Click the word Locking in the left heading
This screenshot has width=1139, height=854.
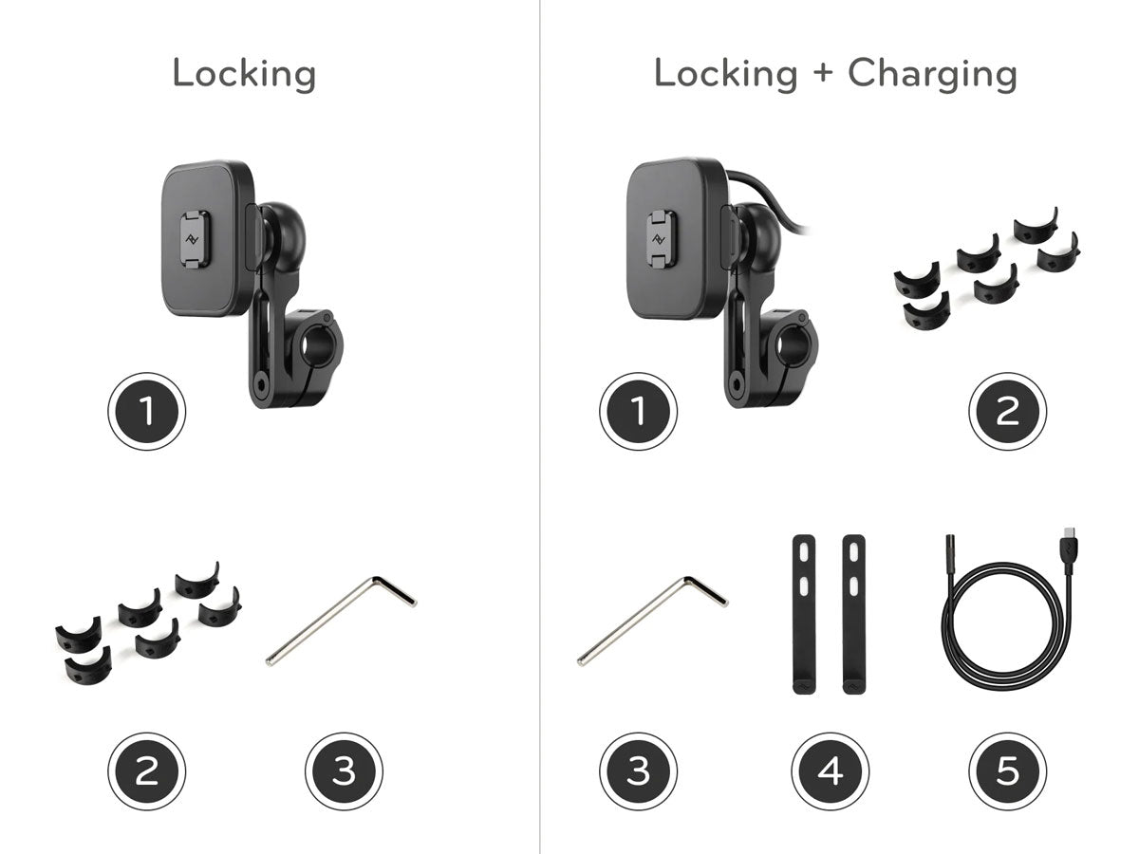click(x=244, y=75)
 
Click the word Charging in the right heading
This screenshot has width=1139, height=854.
click(x=932, y=75)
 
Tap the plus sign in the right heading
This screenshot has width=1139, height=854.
click(x=823, y=73)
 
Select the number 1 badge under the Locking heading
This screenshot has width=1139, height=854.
click(x=147, y=411)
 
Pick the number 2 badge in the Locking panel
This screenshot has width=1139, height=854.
click(x=147, y=771)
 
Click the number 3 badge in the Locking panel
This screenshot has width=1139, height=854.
click(x=344, y=771)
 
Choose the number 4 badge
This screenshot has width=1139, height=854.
click(x=831, y=771)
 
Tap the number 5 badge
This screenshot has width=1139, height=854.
click(x=1008, y=771)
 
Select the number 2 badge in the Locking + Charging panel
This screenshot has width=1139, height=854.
click(x=1008, y=411)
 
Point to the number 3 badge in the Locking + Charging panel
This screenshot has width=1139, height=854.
click(x=638, y=771)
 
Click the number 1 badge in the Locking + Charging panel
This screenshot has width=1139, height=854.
click(x=638, y=411)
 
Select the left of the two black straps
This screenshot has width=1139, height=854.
click(x=804, y=615)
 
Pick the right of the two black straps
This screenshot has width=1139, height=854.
click(x=853, y=615)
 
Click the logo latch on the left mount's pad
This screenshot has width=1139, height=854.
click(x=196, y=239)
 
